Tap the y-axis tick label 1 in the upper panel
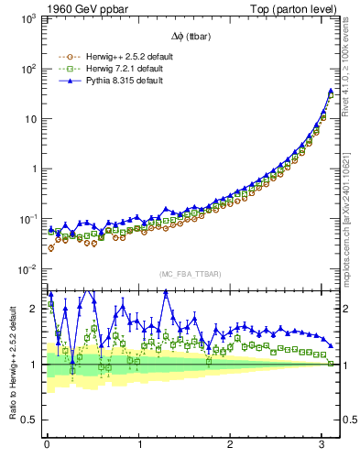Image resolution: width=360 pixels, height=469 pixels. coord(33,169)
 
